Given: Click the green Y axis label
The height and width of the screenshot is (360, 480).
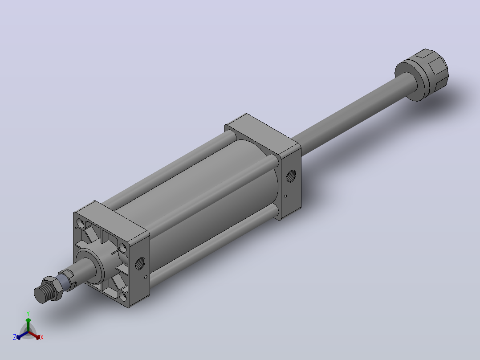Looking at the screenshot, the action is [28, 313].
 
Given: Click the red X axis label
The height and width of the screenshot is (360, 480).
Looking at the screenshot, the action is [42, 337].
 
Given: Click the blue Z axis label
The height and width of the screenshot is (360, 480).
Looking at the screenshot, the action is [15, 337].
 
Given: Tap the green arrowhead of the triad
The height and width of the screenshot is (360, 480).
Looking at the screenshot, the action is [28, 320].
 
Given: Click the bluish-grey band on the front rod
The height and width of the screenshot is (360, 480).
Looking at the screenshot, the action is [62, 282].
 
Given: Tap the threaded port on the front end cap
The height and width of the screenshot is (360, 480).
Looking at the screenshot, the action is [140, 263].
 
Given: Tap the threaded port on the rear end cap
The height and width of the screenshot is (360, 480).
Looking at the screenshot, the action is [291, 176].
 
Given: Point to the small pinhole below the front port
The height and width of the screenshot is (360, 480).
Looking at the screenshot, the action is [146, 277].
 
